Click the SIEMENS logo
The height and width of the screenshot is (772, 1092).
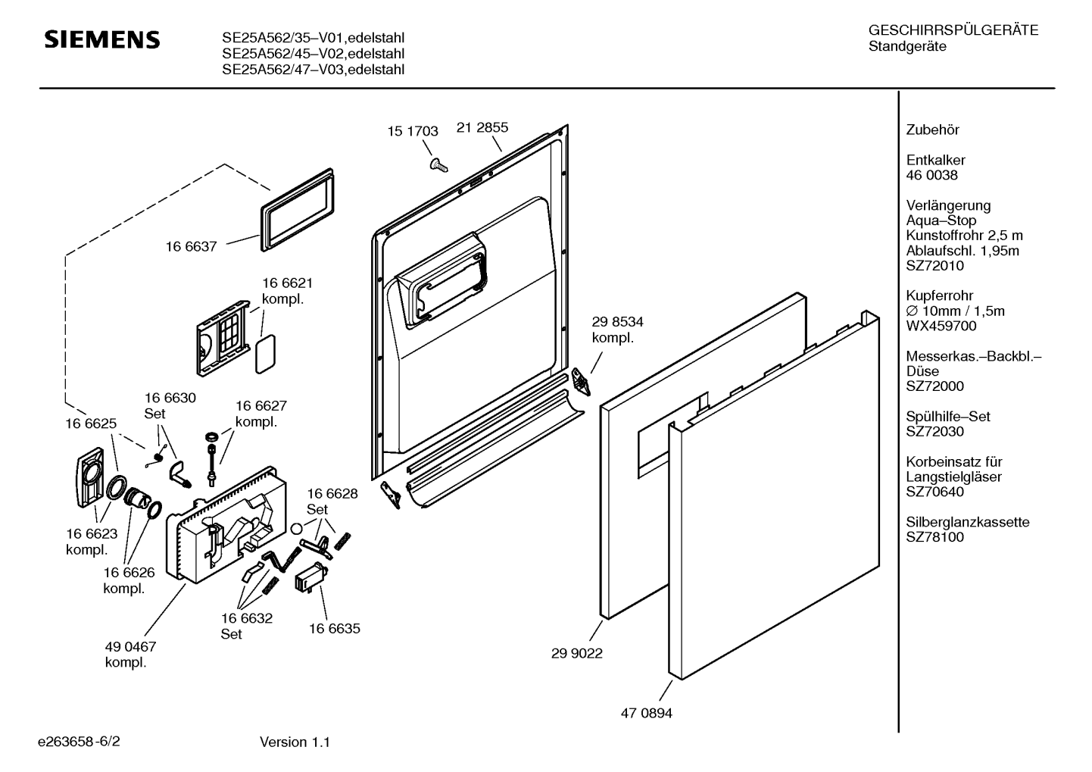pyautogui.click(x=102, y=39)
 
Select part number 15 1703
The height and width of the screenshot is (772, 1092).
pyautogui.click(x=413, y=131)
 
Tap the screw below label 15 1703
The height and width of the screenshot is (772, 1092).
pyautogui.click(x=438, y=164)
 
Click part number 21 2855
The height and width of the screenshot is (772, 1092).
pyautogui.click(x=482, y=127)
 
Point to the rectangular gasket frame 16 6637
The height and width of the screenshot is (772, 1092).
pyautogui.click(x=298, y=210)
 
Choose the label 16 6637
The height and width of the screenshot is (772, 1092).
pyautogui.click(x=191, y=247)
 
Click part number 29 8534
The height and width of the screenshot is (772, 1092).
pyautogui.click(x=618, y=322)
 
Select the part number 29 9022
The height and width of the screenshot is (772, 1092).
pyautogui.click(x=577, y=653)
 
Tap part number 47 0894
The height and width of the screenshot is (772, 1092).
pyautogui.click(x=647, y=713)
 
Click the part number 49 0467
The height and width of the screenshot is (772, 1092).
pyautogui.click(x=131, y=647)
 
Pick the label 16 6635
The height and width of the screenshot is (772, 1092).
pyautogui.click(x=335, y=628)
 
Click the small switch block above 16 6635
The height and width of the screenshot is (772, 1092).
pyautogui.click(x=310, y=577)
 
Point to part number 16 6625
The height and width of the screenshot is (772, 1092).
pyautogui.click(x=91, y=424)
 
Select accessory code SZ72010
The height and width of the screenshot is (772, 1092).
pyautogui.click(x=935, y=266)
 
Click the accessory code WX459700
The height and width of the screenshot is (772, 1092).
pyautogui.click(x=941, y=326)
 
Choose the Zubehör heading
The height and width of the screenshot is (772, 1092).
pyautogui.click(x=932, y=130)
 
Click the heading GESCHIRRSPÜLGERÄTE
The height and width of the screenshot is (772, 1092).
pyautogui.click(x=953, y=30)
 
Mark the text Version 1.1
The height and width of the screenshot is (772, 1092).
pyautogui.click(x=295, y=742)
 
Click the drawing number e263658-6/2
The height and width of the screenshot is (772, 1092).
pyautogui.click(x=79, y=741)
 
